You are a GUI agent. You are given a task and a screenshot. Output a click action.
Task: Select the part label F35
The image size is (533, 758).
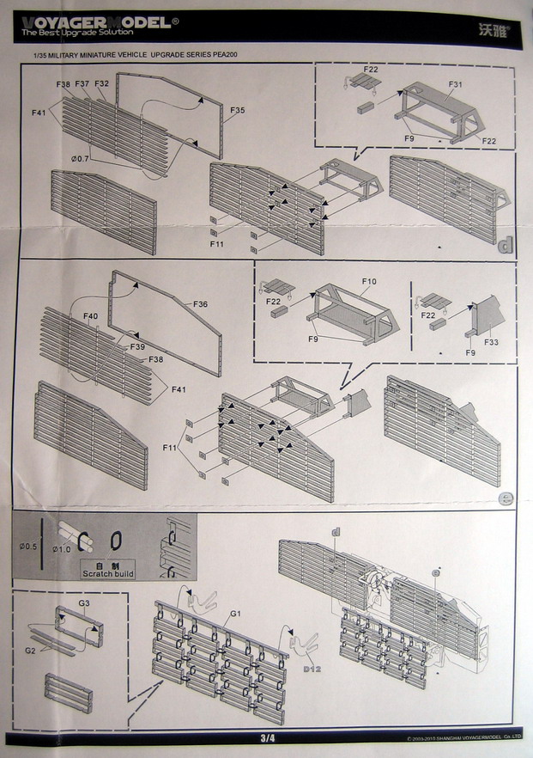coord(238,110)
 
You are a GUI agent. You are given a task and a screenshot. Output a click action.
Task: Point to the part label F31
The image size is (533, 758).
coord(456,84)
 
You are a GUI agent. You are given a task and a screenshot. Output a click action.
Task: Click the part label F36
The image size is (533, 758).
coord(201,304)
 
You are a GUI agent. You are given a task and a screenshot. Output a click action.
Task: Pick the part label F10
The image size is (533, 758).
coord(369,281)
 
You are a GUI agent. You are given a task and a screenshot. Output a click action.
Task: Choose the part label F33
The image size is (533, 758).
coord(492,342)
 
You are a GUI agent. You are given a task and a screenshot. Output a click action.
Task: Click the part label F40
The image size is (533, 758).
coord(92,317)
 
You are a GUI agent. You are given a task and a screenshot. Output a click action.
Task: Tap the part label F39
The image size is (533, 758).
coord(136,346)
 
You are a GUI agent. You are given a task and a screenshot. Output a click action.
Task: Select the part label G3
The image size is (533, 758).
coord(84,603)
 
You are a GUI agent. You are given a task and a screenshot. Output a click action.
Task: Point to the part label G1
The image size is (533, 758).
coord(233,615)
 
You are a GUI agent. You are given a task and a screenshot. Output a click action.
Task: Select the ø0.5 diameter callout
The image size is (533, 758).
coord(27,545)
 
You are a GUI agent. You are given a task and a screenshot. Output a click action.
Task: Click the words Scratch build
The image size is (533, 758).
coord(108,573)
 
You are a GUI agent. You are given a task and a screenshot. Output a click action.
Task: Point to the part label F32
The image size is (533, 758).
coord(101,83)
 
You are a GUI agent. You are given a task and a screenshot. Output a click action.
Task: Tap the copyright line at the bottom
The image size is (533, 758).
coord(460,738)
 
